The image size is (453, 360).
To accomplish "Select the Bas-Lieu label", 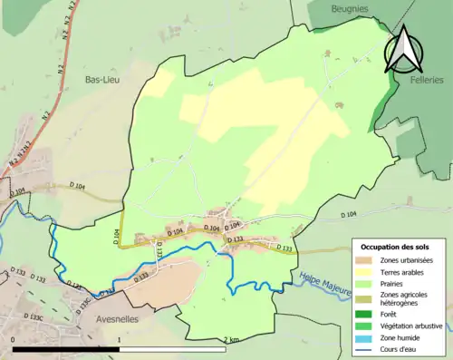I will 102,79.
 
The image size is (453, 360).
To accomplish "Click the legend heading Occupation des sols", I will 397,248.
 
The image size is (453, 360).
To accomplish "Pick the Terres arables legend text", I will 403,272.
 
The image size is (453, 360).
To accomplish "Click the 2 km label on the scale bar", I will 232,339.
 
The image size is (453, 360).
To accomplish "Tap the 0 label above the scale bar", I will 14,339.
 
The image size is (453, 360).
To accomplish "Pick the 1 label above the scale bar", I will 120,339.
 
